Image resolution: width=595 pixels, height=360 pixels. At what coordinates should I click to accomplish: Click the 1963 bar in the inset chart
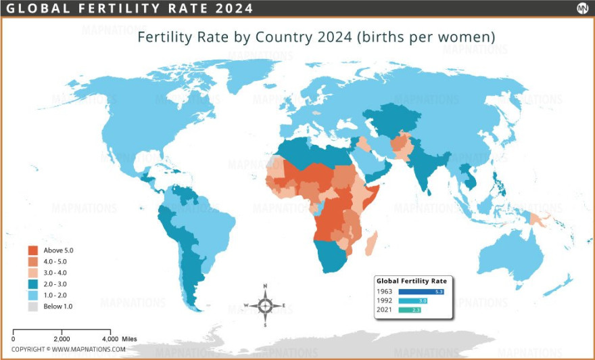tap(421, 291)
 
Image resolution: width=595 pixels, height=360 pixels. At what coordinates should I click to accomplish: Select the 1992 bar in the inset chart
tap(413, 300)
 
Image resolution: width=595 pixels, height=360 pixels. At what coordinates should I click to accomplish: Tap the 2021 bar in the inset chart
tap(409, 310)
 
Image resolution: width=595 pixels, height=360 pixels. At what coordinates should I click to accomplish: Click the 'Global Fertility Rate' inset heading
tap(411, 280)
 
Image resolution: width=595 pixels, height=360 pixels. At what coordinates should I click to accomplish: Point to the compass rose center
tap(266, 305)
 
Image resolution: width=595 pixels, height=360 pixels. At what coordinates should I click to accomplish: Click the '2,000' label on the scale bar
tap(62, 338)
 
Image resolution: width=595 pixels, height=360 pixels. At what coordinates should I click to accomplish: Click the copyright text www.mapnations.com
tap(68, 349)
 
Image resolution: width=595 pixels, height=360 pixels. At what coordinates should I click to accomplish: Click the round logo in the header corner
tap(581, 8)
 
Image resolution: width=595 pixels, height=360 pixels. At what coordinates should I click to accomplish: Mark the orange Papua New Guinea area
tap(539, 219)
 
